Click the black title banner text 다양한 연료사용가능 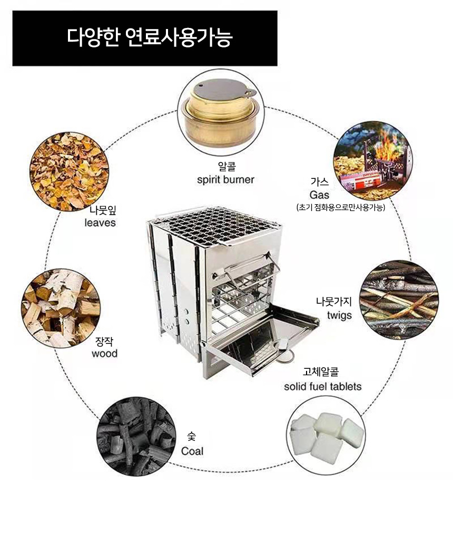(x=150, y=37)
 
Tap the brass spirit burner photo (x=221, y=112)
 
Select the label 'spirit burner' (x=225, y=180)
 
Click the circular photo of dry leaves (x=69, y=171)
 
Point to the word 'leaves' (x=100, y=223)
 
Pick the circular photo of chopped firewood (x=61, y=308)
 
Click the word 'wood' (x=104, y=354)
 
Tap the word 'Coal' (x=192, y=451)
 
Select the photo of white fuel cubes (x=326, y=435)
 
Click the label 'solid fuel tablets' (x=322, y=387)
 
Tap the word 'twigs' (x=339, y=315)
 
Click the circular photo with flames (x=373, y=160)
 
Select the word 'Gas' (x=320, y=195)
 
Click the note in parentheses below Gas (x=341, y=207)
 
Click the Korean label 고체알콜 (x=321, y=371)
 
